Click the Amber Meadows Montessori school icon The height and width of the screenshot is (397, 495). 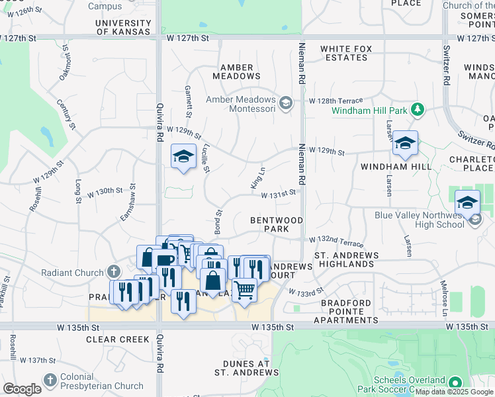pyautogui.click(x=286, y=103)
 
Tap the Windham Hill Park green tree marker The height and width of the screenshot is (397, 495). pyautogui.click(x=417, y=109)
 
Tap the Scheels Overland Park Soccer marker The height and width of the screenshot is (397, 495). pyautogui.click(x=455, y=383)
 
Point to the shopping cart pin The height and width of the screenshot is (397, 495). pyautogui.click(x=244, y=289)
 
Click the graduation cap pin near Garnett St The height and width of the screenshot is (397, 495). pyautogui.click(x=183, y=156)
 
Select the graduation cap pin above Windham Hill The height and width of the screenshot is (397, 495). pyautogui.click(x=404, y=144)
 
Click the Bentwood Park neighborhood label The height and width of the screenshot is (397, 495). pyautogui.click(x=277, y=224)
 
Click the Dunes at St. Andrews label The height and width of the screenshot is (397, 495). pyautogui.click(x=247, y=369)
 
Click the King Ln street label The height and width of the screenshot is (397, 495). pyautogui.click(x=257, y=179)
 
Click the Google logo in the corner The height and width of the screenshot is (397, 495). pyautogui.click(x=22, y=389)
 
